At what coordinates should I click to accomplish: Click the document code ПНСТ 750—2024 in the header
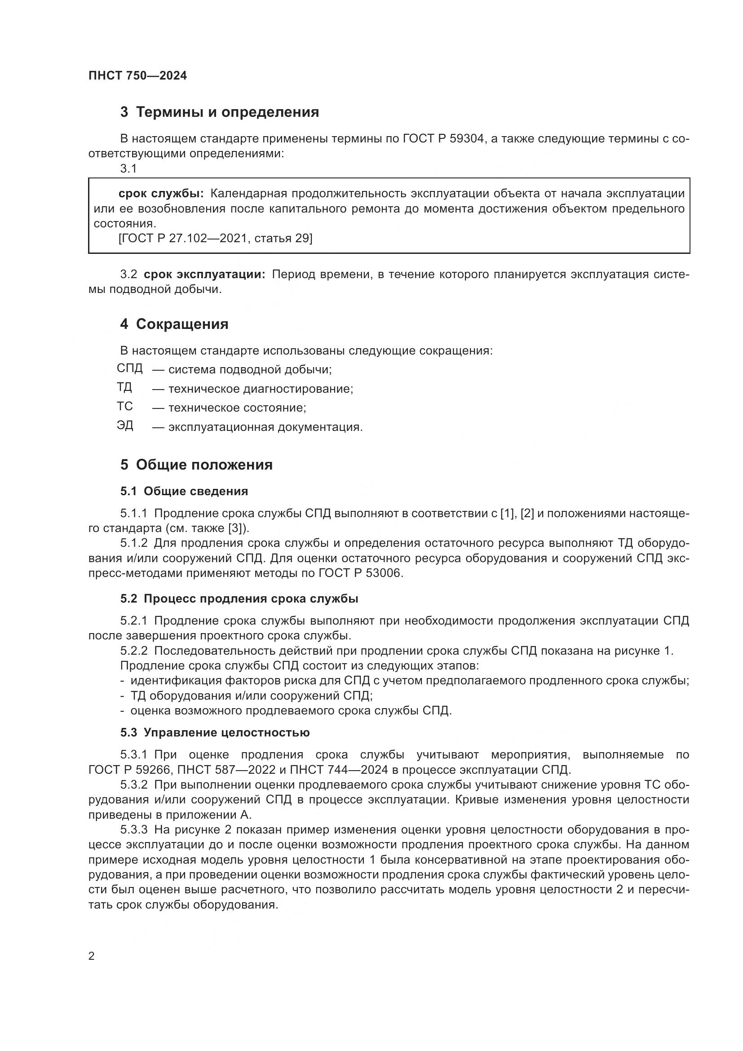(138, 75)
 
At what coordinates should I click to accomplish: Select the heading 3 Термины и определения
(220, 112)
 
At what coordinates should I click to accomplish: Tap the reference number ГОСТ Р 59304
(443, 138)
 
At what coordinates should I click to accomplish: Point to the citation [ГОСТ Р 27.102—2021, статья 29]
(215, 238)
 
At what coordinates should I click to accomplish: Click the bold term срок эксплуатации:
(204, 274)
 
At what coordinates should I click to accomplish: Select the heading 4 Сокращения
(174, 324)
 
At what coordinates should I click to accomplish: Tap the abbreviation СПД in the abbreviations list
(129, 368)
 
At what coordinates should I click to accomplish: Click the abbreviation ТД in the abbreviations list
(124, 387)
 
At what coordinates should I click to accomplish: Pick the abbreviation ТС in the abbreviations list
(124, 406)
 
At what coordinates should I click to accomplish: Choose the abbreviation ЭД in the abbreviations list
(124, 425)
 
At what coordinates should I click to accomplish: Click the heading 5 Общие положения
(196, 465)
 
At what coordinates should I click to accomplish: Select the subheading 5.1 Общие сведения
(184, 491)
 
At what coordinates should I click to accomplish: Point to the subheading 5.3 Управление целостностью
(215, 732)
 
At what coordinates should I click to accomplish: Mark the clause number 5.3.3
(133, 829)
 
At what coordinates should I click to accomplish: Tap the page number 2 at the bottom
(92, 956)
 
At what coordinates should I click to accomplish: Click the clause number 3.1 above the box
(128, 169)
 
